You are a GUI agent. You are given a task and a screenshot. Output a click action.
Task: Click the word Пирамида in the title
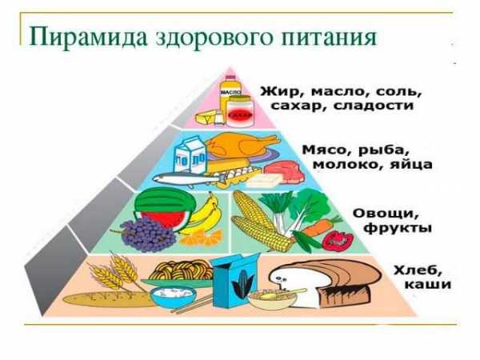tap(88, 38)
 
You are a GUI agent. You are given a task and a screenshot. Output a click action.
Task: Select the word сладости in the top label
tap(374, 106)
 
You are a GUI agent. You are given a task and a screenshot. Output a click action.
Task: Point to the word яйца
tap(411, 165)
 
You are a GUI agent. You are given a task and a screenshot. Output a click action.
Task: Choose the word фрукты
tap(397, 228)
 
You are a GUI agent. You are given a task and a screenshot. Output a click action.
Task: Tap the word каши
tap(428, 284)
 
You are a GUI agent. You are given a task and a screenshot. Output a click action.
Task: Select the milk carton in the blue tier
tap(190, 155)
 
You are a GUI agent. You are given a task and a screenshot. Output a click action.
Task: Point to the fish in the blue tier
tap(186, 178)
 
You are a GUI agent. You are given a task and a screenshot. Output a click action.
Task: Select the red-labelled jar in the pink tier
tap(240, 111)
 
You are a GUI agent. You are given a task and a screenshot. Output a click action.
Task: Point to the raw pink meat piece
tap(284, 170)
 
